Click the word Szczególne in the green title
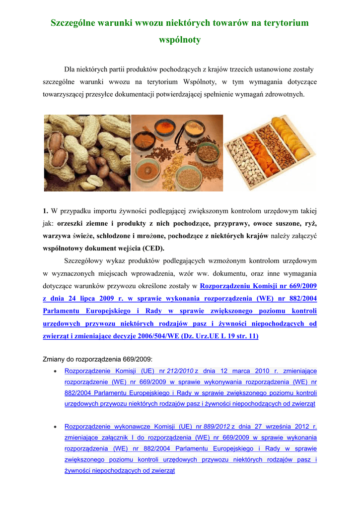pos(75,23)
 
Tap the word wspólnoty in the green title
pos(179,40)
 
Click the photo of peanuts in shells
pos(87,153)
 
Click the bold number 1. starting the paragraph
pos(46,211)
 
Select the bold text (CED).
pos(153,248)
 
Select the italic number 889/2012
pos(216,426)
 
